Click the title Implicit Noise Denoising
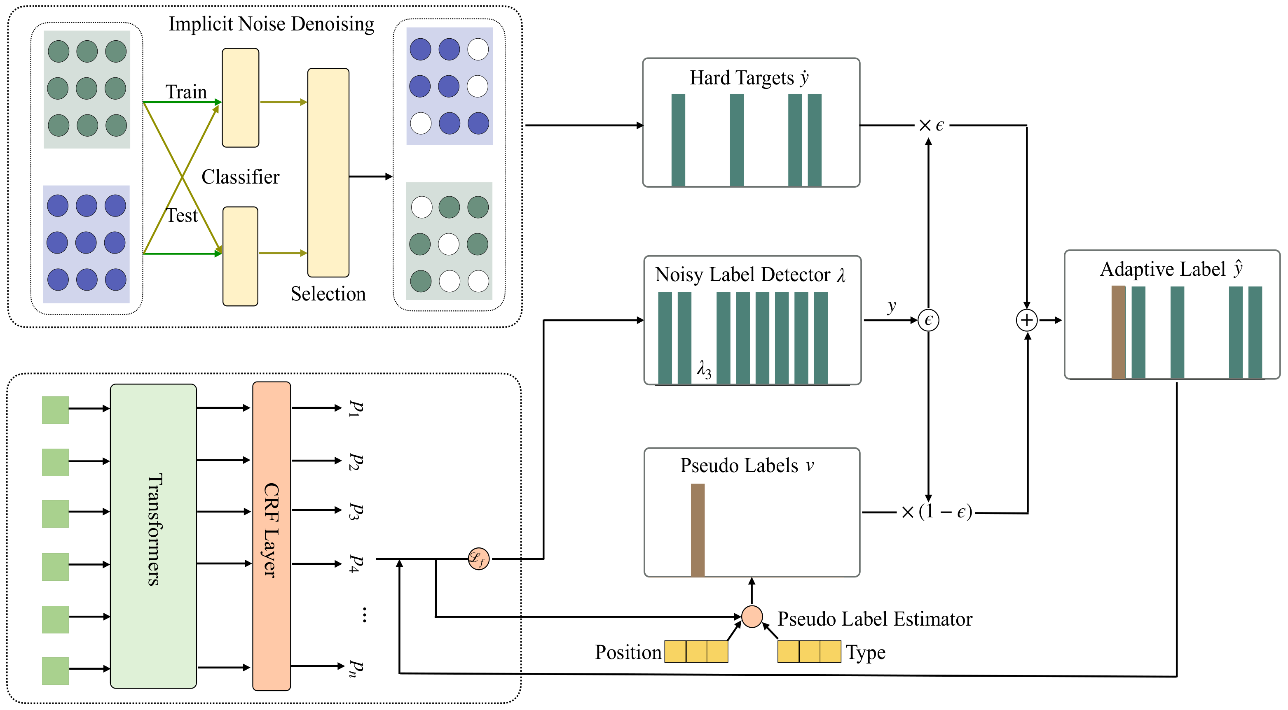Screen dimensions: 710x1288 click(x=271, y=24)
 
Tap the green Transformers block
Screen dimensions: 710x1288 click(x=153, y=535)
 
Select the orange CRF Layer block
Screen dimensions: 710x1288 click(x=271, y=535)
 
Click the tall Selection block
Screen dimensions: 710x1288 click(x=328, y=172)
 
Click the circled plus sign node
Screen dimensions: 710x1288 click(x=1026, y=320)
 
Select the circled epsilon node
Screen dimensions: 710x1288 click(x=928, y=320)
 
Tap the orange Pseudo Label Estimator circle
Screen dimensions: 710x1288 click(x=752, y=617)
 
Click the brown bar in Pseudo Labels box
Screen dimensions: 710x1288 click(x=698, y=530)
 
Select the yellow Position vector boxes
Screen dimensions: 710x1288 click(x=696, y=652)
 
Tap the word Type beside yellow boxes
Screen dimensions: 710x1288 click(x=866, y=652)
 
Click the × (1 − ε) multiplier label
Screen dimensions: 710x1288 click(x=937, y=512)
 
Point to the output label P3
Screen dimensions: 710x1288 click(x=355, y=511)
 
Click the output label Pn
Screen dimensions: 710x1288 click(x=355, y=668)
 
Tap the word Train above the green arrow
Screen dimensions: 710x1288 click(x=186, y=92)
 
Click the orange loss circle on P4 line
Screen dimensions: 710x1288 click(x=478, y=559)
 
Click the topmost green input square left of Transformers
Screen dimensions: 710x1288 click(x=55, y=410)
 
